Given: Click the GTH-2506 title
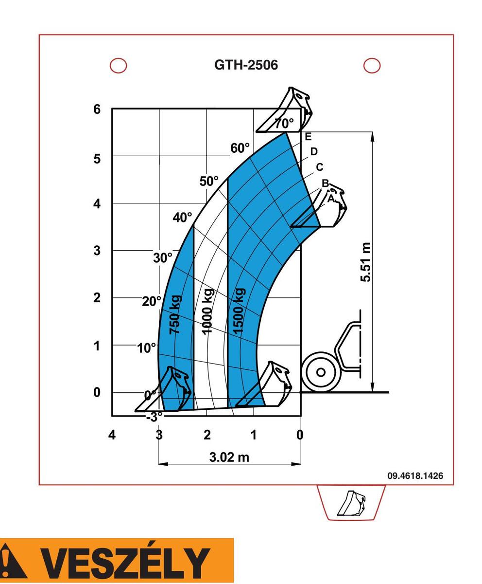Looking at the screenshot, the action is click(246, 65).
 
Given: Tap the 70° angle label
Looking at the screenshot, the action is click(284, 123).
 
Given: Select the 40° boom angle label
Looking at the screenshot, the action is click(182, 218).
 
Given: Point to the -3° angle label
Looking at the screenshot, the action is click(155, 417).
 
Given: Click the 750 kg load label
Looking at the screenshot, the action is click(175, 315).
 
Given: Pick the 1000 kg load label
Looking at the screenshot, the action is click(207, 311).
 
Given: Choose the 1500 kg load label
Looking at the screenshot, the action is click(240, 311).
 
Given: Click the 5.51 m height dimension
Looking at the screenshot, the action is click(365, 262).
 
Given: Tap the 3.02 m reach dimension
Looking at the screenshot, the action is click(229, 457).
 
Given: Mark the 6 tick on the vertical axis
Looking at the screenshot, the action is click(97, 109).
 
